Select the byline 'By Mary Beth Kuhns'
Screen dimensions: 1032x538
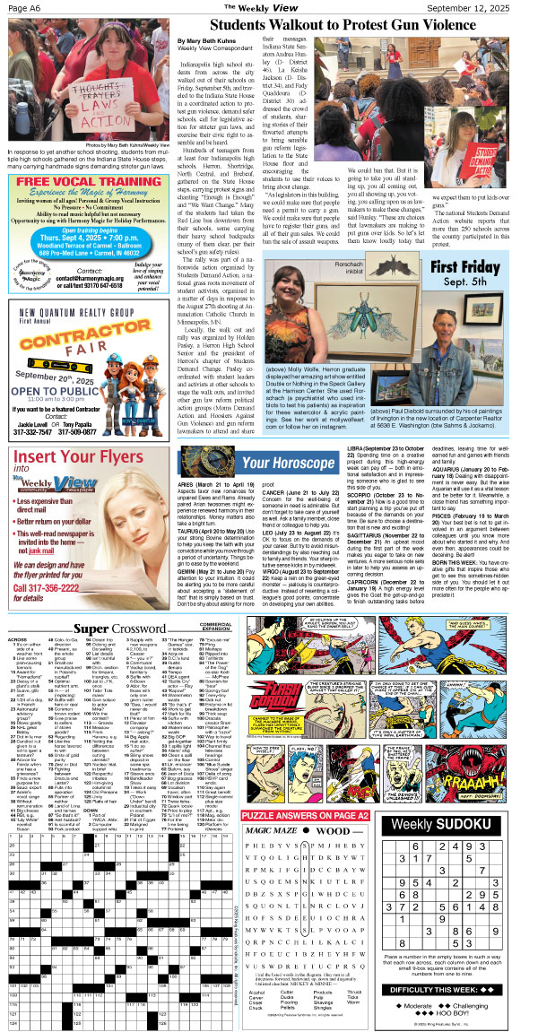213,42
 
